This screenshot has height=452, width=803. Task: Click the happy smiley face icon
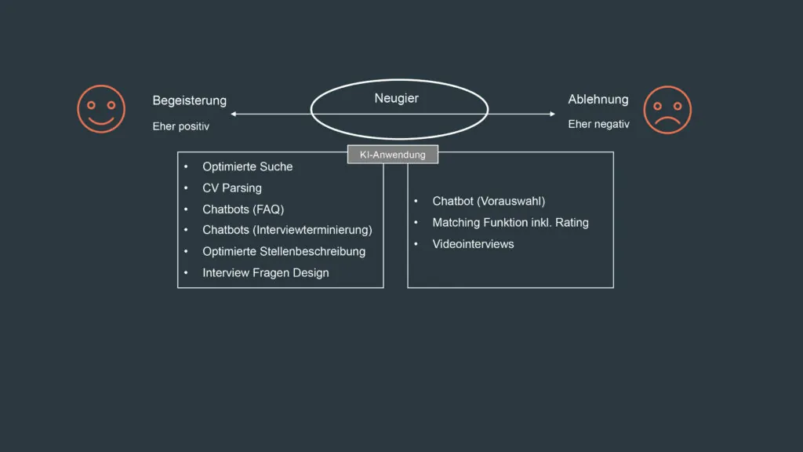(x=101, y=109)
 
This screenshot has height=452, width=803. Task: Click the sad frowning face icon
(x=667, y=110)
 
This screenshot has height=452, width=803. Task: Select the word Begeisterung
(x=189, y=100)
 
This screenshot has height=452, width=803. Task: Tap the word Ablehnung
(x=598, y=100)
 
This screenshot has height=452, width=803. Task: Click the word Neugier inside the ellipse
(x=396, y=98)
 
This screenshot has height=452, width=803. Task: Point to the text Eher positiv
(x=180, y=126)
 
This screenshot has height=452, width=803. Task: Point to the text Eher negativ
(x=598, y=124)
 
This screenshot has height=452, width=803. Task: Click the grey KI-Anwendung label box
(x=392, y=155)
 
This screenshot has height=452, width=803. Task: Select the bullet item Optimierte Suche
(x=247, y=166)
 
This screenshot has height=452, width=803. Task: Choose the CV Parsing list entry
(x=231, y=188)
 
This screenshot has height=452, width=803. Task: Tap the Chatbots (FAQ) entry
(x=242, y=210)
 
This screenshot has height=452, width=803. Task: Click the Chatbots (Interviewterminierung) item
(x=287, y=230)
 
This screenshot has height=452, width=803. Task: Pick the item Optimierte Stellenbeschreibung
(x=283, y=251)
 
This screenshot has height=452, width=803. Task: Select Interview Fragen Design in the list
(x=265, y=273)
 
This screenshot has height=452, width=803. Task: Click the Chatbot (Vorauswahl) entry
(x=488, y=201)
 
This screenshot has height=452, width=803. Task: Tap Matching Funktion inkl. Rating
(x=510, y=222)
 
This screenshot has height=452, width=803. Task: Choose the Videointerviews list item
(x=473, y=244)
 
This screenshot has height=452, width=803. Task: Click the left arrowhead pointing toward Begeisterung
(x=234, y=115)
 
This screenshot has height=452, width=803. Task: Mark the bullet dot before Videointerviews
(x=416, y=244)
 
